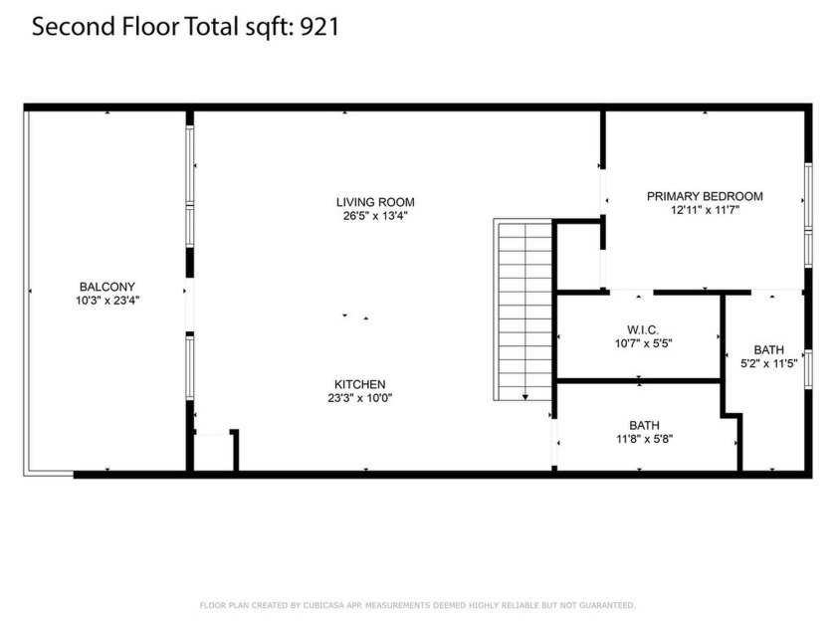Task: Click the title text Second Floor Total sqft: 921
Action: click(x=186, y=27)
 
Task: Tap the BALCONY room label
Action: click(x=106, y=286)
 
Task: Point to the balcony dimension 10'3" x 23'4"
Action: click(x=106, y=299)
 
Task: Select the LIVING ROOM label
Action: click(x=374, y=202)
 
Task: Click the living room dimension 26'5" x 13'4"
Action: click(x=374, y=215)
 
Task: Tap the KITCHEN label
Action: click(x=359, y=384)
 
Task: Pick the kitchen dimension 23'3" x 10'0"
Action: click(x=359, y=397)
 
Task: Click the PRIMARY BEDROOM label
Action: click(x=705, y=196)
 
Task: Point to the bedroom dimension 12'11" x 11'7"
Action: click(x=705, y=210)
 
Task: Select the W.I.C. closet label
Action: click(x=643, y=329)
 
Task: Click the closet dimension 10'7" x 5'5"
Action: click(x=643, y=343)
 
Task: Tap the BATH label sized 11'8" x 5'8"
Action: click(x=644, y=425)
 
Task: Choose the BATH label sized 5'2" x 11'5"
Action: click(x=768, y=349)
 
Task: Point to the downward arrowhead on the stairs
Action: click(x=525, y=396)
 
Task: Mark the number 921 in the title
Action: click(x=321, y=27)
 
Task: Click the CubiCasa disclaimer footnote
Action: click(x=417, y=604)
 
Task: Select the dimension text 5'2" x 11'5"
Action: click(x=768, y=363)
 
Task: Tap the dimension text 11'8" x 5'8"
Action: click(x=644, y=439)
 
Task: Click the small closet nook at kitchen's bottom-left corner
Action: click(x=213, y=452)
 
